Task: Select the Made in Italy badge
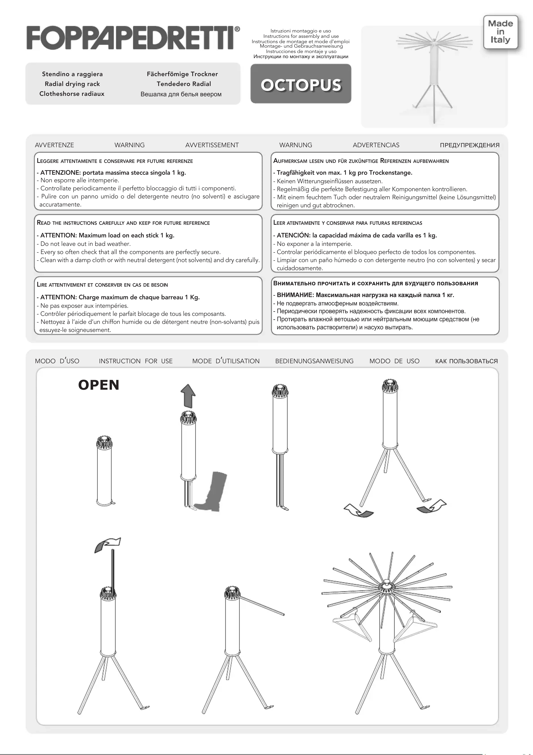500,32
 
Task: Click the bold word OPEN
99,385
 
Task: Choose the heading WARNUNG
295,145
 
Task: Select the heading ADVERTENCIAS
376,145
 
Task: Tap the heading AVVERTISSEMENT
212,145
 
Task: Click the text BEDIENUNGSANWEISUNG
314,361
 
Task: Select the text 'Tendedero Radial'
184,84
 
